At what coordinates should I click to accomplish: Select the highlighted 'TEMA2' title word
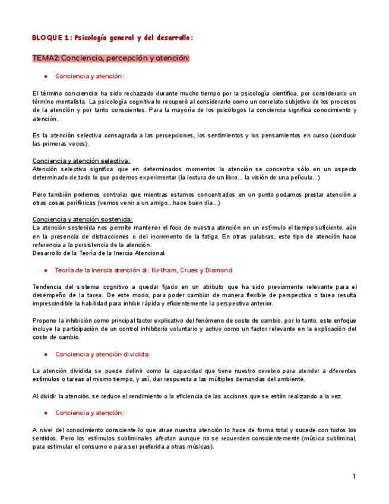[x=45, y=58]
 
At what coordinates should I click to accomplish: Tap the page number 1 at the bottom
[x=354, y=476]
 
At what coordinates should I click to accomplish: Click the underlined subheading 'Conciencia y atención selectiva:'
[x=81, y=160]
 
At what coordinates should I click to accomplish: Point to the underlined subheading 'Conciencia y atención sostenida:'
[x=83, y=219]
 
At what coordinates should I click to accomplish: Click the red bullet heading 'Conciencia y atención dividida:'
[x=102, y=354]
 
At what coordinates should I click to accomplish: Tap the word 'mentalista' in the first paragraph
[x=67, y=102]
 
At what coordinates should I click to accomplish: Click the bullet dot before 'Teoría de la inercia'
[x=46, y=270]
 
